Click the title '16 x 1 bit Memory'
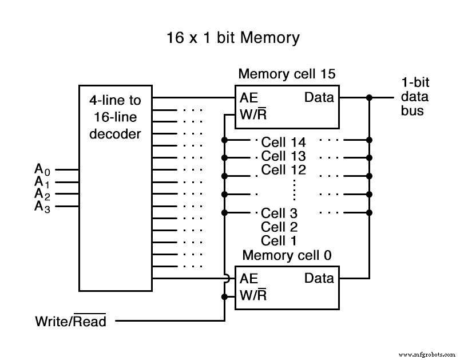pos(233,38)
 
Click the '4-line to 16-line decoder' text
pos(114,117)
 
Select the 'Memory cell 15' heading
pos(287,74)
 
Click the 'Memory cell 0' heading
pos(287,255)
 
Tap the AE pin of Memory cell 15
pos(249,97)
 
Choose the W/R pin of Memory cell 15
pos(253,114)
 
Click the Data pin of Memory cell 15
pos(319,97)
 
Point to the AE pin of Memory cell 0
pos(249,279)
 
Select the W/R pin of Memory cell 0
pos(253,296)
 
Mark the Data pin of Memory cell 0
pos(319,279)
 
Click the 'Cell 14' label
pos(283,142)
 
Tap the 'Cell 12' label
pos(283,170)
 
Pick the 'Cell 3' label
pos(279,213)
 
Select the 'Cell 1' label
pos(279,240)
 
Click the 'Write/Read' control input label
pos(71,321)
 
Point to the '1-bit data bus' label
pos(415,97)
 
